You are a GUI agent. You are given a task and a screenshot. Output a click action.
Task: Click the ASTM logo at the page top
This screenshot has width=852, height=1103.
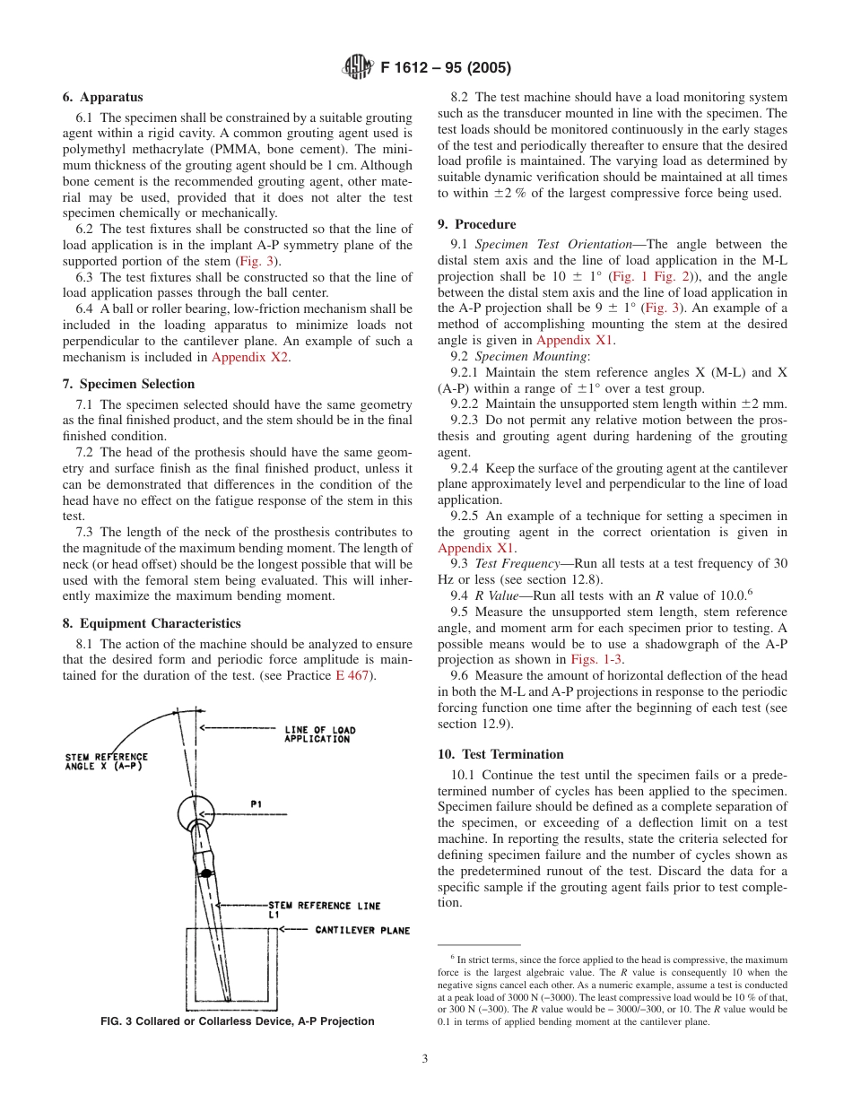[357, 66]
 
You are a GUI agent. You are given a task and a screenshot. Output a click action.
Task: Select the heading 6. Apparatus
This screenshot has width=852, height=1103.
[102, 97]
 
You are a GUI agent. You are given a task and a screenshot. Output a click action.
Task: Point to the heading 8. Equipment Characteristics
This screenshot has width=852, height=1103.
[152, 623]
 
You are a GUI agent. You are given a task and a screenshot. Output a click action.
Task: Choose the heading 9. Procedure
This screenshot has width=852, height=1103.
[476, 224]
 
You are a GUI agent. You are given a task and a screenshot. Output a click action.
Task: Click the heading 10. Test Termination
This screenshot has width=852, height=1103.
[500, 754]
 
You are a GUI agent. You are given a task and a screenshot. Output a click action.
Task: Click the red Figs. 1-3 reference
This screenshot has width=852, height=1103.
[597, 659]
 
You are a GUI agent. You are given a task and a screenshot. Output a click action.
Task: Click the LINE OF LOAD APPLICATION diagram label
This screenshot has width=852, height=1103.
[318, 734]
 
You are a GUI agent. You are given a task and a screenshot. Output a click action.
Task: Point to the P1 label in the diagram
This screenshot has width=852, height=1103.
[256, 803]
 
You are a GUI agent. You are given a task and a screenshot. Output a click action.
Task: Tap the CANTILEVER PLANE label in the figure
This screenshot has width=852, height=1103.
[361, 930]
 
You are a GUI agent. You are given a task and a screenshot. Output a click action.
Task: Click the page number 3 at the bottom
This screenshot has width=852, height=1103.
[425, 1058]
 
